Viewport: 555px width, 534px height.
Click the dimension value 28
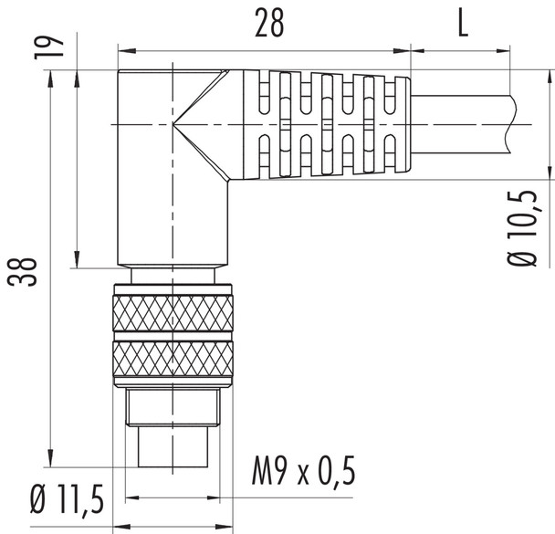click(x=268, y=25)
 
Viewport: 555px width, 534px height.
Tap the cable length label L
click(x=462, y=25)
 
